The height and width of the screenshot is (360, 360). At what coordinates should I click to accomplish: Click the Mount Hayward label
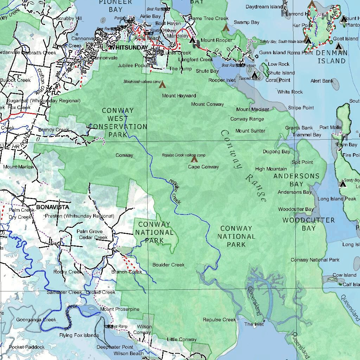[179, 96]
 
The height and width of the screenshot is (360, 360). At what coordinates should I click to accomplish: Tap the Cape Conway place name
[203, 167]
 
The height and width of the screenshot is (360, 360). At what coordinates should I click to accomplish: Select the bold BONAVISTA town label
[53, 207]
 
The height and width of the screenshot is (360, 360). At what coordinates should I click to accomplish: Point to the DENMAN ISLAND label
[332, 57]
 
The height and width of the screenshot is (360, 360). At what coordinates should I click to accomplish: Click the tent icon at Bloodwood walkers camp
[162, 85]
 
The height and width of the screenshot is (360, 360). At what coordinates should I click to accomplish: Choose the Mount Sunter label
[250, 131]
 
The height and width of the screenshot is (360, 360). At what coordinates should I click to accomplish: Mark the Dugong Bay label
[276, 152]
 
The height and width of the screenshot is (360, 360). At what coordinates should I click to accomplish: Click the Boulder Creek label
[168, 265]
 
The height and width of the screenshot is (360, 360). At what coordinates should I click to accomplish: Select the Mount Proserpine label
[120, 309]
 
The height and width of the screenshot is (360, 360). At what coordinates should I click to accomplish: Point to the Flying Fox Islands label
[79, 335]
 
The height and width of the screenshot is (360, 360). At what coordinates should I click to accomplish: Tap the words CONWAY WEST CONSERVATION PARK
[118, 122]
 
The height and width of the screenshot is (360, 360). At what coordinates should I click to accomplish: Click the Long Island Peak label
[337, 199]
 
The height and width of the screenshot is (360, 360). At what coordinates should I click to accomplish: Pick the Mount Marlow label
[19, 167]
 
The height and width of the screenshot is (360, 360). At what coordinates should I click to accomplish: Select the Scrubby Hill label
[69, 18]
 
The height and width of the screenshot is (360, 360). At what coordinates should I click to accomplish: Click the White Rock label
[290, 92]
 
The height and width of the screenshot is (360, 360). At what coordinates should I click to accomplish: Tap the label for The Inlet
[254, 324]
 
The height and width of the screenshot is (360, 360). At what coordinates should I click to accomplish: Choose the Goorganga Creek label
[36, 320]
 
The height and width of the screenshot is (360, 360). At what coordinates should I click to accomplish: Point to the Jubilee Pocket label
[134, 65]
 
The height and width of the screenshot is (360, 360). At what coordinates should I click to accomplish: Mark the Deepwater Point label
[115, 347]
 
